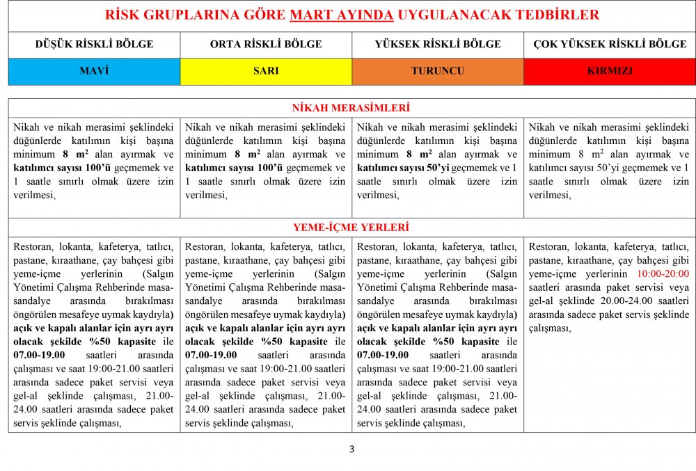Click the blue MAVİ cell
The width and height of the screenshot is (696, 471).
(94, 71)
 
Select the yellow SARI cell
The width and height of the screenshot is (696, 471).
(266, 71)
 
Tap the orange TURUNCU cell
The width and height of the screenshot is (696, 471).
(438, 71)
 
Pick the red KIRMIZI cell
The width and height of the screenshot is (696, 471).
(610, 71)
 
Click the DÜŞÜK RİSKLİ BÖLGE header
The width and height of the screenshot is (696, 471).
(94, 45)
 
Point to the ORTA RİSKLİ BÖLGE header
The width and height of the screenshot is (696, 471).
(266, 45)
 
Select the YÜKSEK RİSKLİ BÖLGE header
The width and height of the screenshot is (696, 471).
(438, 45)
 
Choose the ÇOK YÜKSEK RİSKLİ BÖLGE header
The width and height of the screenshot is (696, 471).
(610, 45)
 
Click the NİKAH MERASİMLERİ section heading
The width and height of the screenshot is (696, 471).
(351, 108)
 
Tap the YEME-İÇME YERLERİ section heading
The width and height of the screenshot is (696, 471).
(351, 227)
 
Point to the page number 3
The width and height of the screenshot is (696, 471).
(351, 449)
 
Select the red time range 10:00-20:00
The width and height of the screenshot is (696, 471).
(663, 274)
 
